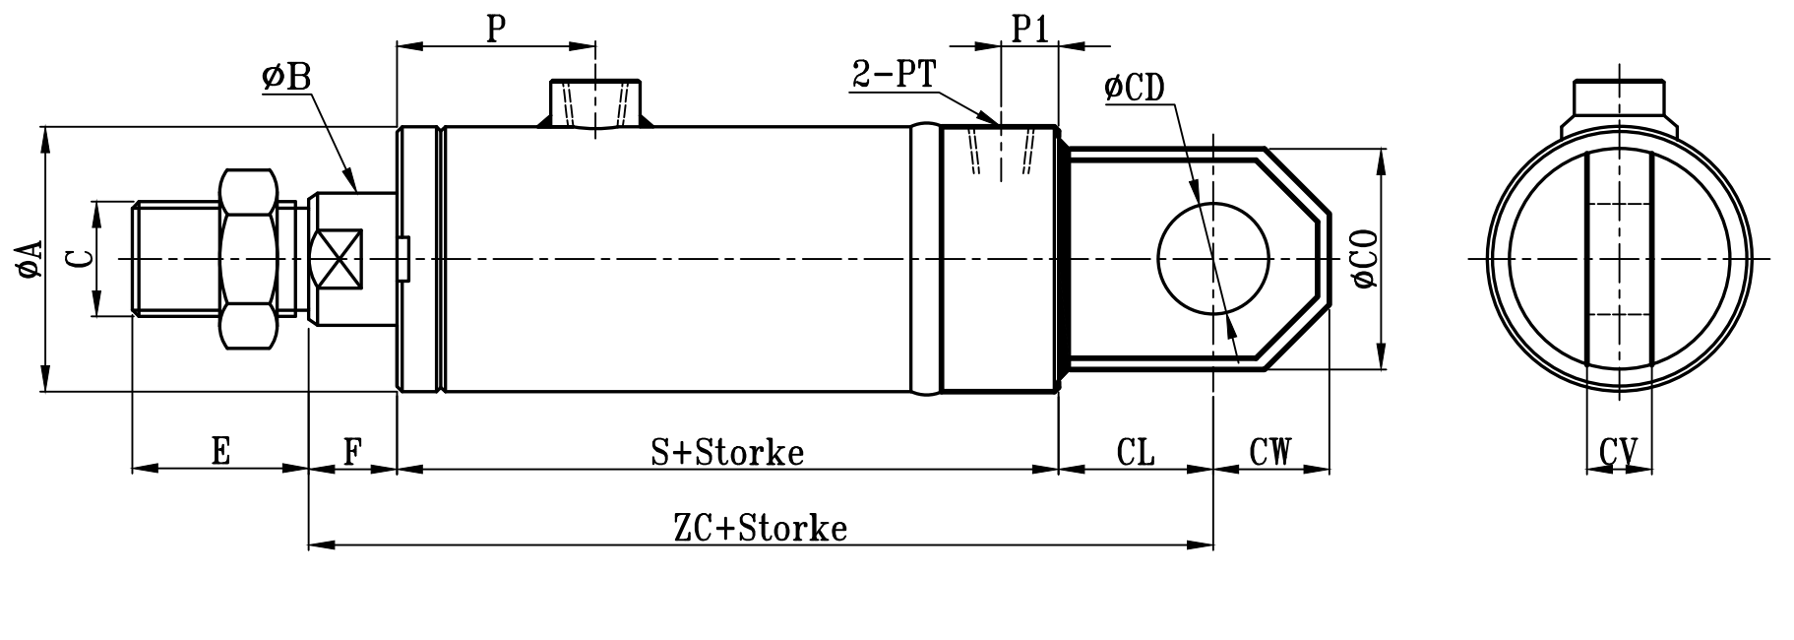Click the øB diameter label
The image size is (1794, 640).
tap(286, 78)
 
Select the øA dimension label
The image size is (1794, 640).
tap(31, 259)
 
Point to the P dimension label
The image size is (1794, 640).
tap(496, 29)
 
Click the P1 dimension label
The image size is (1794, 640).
tap(1030, 29)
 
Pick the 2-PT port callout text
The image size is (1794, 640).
tap(893, 76)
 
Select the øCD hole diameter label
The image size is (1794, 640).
tap(1134, 88)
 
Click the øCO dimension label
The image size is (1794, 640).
tap(1365, 259)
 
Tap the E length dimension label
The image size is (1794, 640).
tap(220, 452)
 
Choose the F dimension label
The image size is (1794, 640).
tap(352, 452)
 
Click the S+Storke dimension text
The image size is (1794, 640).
tap(727, 452)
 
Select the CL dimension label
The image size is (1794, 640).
tap(1136, 452)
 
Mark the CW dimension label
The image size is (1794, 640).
tap(1269, 452)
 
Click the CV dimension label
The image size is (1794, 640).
tap(1618, 453)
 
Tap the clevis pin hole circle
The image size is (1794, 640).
tap(1212, 258)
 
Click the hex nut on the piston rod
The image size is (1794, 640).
tap(247, 259)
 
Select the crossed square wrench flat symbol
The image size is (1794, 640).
tap(336, 259)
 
